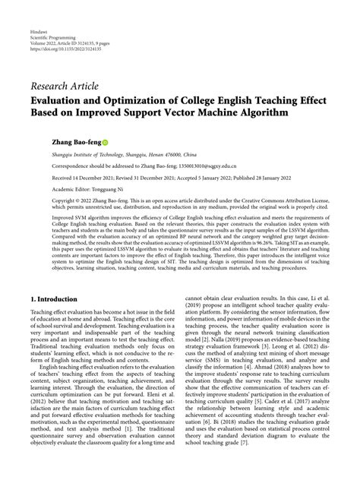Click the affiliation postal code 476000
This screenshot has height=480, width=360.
tap(164, 153)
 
